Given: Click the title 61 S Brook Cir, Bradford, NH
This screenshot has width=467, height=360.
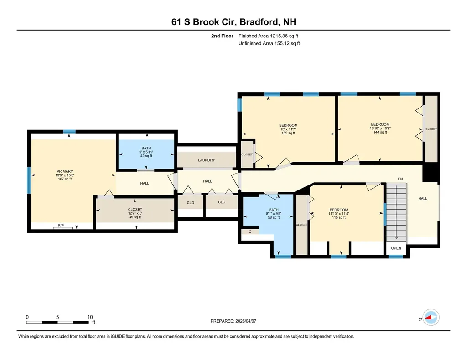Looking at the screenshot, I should [x=233, y=21].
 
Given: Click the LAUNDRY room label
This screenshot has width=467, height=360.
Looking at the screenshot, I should [x=206, y=160].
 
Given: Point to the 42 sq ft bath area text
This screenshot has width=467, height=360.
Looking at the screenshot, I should [x=146, y=156].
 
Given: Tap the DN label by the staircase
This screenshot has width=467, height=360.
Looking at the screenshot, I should [x=400, y=179].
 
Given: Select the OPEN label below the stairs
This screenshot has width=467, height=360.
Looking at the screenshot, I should [x=396, y=248].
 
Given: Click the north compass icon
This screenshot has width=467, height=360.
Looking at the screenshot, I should [x=430, y=317].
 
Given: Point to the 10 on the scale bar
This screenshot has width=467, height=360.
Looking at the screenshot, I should [x=90, y=317].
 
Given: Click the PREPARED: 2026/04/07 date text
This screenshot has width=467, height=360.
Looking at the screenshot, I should [x=233, y=321].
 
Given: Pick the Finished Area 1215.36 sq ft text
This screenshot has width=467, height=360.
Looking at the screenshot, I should [x=269, y=36].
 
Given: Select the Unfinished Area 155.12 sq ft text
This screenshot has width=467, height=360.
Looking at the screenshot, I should [x=269, y=44].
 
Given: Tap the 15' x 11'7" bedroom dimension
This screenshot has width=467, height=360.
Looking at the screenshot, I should [x=288, y=129].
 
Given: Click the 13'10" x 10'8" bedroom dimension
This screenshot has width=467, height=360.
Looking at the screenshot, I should [x=380, y=129].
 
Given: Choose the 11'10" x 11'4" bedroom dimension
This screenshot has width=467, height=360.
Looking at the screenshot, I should [x=338, y=214].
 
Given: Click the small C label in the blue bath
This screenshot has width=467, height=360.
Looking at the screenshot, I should [x=250, y=232].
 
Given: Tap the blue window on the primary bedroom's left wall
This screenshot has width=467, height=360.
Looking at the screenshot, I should [x=29, y=180].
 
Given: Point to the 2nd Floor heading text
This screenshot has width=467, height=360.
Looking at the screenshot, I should [x=222, y=36].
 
